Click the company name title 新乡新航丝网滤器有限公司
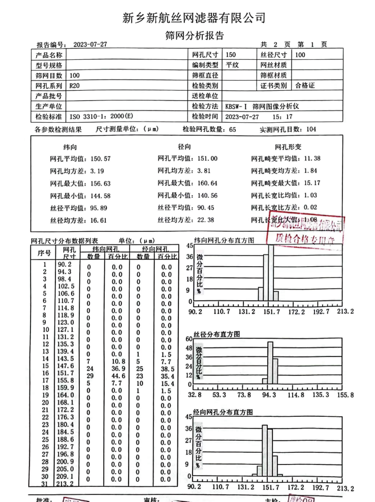coord(194,18)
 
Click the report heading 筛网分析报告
coord(195,36)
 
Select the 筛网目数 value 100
coord(76,75)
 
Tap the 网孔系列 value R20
coord(75,86)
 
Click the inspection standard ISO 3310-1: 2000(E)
coord(100,116)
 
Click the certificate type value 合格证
coord(305,86)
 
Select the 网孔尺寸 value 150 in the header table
coord(232,55)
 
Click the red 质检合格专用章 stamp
coord(305,231)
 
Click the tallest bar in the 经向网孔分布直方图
coord(265,450)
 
